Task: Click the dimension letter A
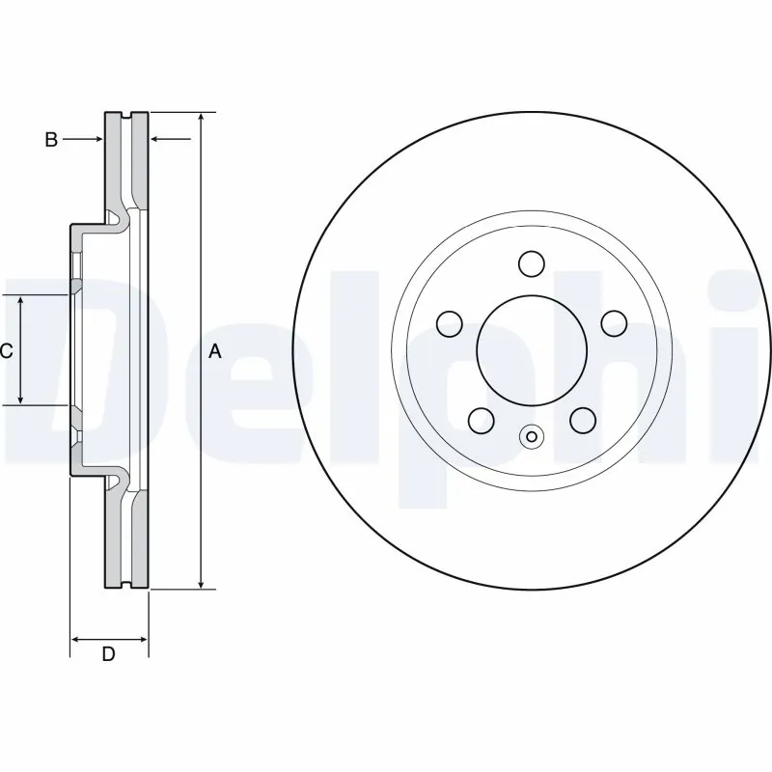tap(215, 352)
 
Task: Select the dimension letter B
tap(51, 140)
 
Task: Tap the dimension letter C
tap(6, 351)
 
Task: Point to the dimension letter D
tap(109, 654)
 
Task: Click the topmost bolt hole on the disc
tap(530, 262)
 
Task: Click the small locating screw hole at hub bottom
tap(530, 436)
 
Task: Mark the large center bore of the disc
tap(530, 348)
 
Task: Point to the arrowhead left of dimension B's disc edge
tap(97, 140)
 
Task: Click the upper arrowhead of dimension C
tap(21, 301)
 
